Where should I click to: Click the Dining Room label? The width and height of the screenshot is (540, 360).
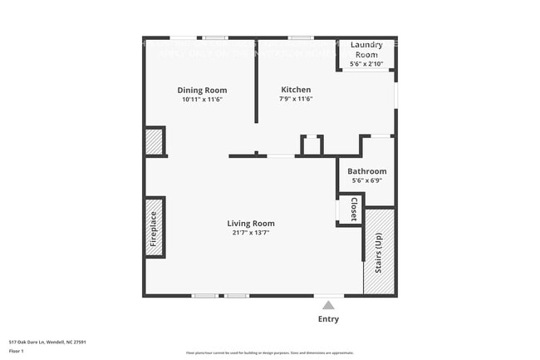202,91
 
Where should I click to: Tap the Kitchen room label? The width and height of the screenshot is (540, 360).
296,90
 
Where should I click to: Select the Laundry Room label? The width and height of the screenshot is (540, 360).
366,49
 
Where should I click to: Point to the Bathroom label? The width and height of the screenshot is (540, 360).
366,171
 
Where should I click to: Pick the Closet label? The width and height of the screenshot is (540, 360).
353,209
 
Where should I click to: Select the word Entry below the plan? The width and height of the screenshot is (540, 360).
328,319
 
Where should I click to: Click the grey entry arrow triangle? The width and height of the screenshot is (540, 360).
328,305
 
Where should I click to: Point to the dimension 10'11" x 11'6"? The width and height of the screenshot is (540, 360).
202,100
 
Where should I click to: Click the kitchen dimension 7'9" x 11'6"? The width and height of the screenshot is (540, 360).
296,100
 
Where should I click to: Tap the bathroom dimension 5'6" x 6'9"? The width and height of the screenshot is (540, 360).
366,180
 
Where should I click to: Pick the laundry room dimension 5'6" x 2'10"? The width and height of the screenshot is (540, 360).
366,63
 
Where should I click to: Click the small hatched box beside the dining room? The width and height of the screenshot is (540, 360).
155,142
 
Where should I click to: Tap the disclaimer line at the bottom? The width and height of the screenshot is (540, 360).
269,353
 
